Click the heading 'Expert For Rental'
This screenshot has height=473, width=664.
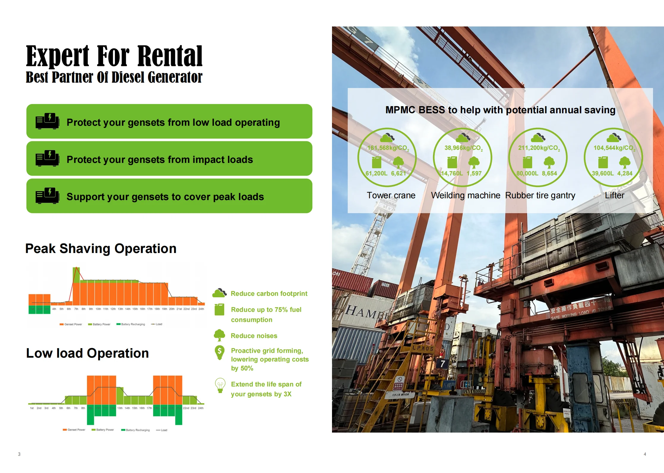[x=114, y=56]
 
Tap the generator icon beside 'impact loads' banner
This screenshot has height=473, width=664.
[x=47, y=158]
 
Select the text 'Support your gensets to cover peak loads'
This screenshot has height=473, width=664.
[x=165, y=197]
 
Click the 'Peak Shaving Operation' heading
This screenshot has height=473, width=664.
[x=101, y=249]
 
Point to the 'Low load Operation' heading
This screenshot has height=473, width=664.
[x=87, y=353]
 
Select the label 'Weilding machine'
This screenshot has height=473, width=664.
[x=465, y=195]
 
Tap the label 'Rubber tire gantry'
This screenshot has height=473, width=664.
[x=540, y=195]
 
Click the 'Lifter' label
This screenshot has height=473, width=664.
[x=614, y=195]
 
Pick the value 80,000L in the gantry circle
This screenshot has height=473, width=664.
[x=527, y=173]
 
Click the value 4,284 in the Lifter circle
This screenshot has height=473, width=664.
[x=625, y=173]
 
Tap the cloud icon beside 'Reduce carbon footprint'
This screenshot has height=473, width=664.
[x=219, y=293]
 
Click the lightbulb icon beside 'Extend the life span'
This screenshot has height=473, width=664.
[x=220, y=385]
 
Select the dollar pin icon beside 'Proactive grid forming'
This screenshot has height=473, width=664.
[x=219, y=352]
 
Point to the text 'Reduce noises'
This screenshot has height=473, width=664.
[x=254, y=336]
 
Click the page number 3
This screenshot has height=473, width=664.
[x=19, y=454]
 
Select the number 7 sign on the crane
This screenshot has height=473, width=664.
[x=442, y=363]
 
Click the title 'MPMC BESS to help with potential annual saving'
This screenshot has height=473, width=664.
[x=500, y=110]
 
